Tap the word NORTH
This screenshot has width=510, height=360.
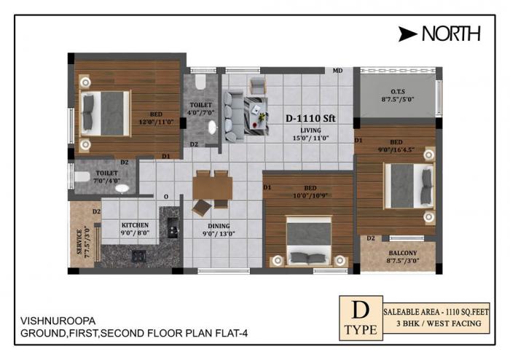coord(452,33)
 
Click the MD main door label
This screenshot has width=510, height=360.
coord(337,71)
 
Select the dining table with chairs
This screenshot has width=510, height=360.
coord(211,189)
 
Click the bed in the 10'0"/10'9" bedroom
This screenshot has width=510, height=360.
coord(307,240)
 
